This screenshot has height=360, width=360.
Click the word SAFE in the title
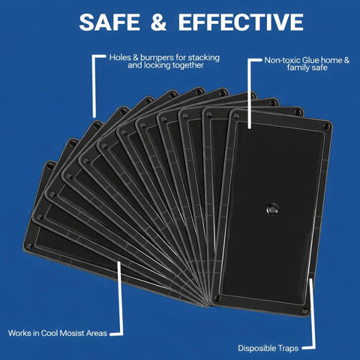(109, 22)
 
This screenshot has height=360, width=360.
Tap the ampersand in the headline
(159, 22)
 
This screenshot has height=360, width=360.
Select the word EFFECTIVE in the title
(241, 22)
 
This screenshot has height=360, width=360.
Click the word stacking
(203, 58)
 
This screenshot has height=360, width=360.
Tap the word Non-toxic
(283, 60)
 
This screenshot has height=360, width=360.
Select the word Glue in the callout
(310, 60)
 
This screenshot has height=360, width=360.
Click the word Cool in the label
(49, 333)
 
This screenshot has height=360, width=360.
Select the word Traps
(287, 348)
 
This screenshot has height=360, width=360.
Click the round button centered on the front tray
(272, 209)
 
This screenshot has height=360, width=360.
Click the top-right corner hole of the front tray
(326, 126)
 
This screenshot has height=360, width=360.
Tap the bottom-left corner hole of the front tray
(217, 298)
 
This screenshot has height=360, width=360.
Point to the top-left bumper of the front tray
(236, 115)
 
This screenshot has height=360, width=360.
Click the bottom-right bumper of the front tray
(305, 311)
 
